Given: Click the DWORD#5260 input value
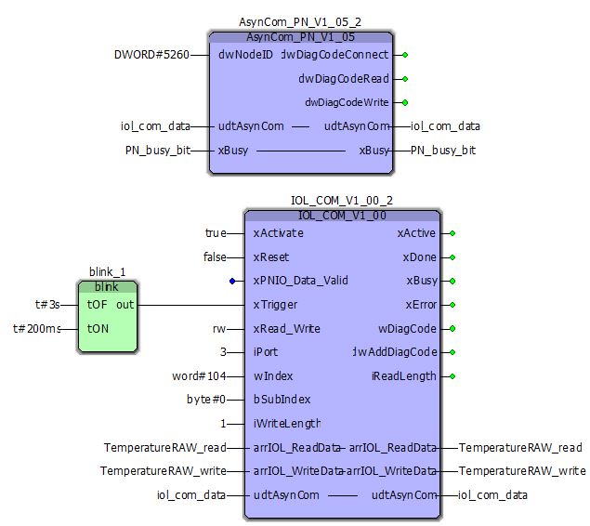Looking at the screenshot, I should pos(151,55).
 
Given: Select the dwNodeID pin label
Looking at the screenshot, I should pos(246,55).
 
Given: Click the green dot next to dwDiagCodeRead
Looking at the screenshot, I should pos(405,79).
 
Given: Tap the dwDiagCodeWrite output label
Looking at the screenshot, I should pos(347,102).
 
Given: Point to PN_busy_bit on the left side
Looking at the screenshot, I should pos(158,150).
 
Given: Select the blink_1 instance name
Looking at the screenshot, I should pos(107,271).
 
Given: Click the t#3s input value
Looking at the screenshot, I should pos(47,304).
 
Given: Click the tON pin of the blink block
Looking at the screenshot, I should pos(98,328).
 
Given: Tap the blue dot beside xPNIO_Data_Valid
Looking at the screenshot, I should pos(232,281).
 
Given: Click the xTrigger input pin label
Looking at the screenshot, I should pos(274,304).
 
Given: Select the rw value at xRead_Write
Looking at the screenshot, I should pos(219,328).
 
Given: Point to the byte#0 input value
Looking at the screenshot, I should pos(206,400).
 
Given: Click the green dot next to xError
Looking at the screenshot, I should pos(452,304).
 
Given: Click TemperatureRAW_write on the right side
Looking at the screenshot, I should pos(522,471).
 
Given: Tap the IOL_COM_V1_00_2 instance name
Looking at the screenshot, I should pos(342,201).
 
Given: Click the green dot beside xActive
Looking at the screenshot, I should pos(452,233).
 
